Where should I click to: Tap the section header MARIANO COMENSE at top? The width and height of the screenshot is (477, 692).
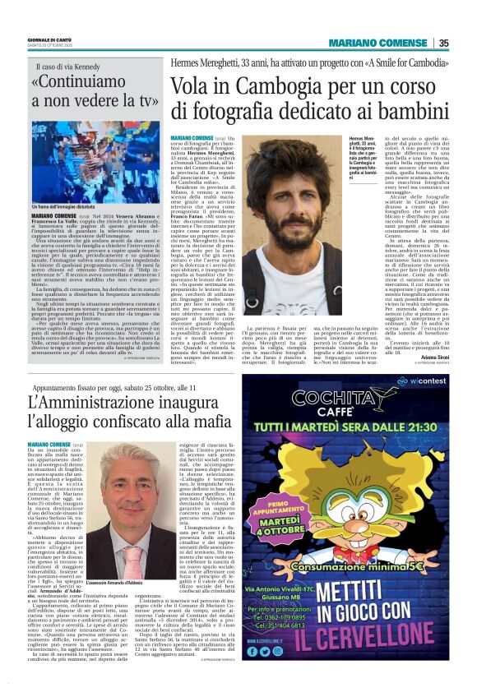(379, 43)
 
